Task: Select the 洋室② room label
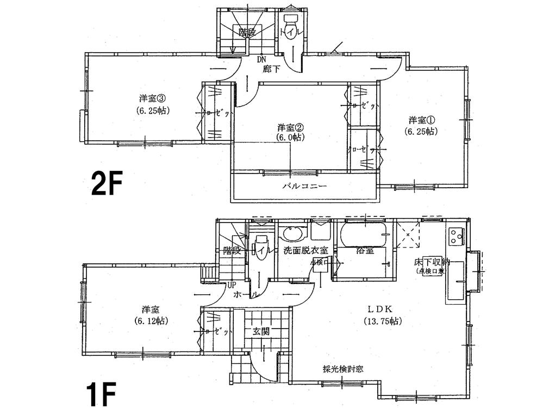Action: tap(290, 127)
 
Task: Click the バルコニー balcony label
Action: tap(304, 186)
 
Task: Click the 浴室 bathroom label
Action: tap(364, 251)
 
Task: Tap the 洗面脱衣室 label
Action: tap(305, 251)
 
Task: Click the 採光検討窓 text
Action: tap(342, 368)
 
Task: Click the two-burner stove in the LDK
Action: tap(455, 236)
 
